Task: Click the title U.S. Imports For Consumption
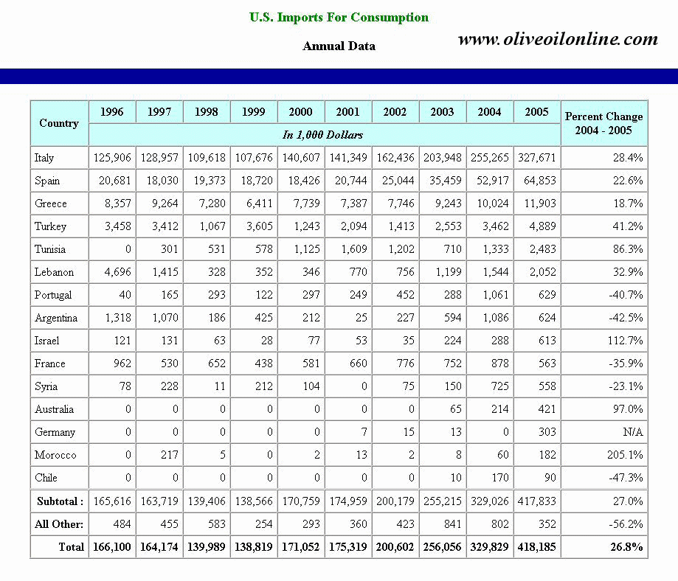pyautogui.click(x=339, y=17)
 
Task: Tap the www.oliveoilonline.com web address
pyautogui.click(x=557, y=39)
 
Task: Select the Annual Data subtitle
pyautogui.click(x=339, y=46)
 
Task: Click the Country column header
pyautogui.click(x=59, y=123)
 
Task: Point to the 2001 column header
pyautogui.click(x=347, y=112)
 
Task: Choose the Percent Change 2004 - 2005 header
pyautogui.click(x=603, y=123)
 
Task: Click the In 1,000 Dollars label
pyautogui.click(x=323, y=135)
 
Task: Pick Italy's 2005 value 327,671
pyautogui.click(x=536, y=158)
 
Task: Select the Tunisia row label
pyautogui.click(x=49, y=249)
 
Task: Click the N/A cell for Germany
pyautogui.click(x=632, y=432)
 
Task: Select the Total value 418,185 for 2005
pyautogui.click(x=536, y=547)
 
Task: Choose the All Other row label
pyautogui.click(x=59, y=524)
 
